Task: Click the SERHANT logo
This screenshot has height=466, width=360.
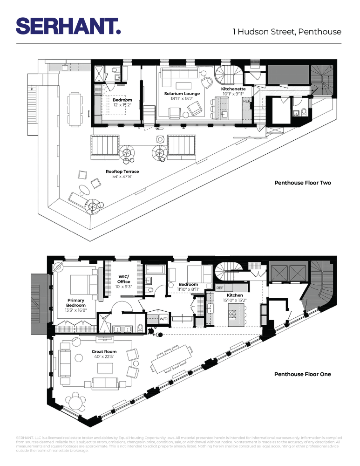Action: (x=68, y=26)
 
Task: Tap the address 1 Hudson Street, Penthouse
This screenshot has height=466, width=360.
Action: (x=287, y=32)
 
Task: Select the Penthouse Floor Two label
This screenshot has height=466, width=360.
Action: (x=302, y=183)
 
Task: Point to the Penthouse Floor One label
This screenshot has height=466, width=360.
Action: (x=302, y=374)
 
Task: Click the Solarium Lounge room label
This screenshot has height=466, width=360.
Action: (x=182, y=94)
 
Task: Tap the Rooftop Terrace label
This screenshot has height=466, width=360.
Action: (x=122, y=171)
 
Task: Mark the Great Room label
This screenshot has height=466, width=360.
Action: (x=104, y=352)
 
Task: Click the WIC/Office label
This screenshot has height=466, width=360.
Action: (x=123, y=279)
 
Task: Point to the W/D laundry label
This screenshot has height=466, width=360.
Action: (x=163, y=319)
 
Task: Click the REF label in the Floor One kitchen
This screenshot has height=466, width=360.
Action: (x=221, y=288)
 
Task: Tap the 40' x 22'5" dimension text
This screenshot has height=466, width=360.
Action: (x=104, y=357)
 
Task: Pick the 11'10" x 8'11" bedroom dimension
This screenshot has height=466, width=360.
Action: (x=188, y=289)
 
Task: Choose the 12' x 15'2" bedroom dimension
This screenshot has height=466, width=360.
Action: (x=122, y=105)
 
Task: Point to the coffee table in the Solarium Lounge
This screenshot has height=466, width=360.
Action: (x=182, y=85)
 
